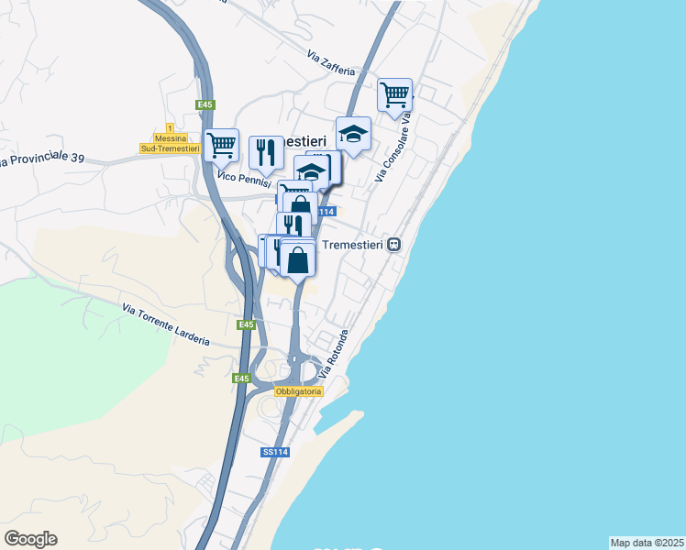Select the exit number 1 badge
click(170, 126)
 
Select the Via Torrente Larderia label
click(165, 324)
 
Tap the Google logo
click(30, 539)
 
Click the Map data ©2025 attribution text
click(647, 543)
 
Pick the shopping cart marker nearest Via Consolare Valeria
click(394, 94)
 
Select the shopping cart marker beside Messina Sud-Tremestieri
click(221, 145)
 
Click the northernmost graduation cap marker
click(353, 134)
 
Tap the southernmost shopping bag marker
click(298, 259)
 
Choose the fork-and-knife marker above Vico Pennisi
click(266, 152)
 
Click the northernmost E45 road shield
click(205, 104)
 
